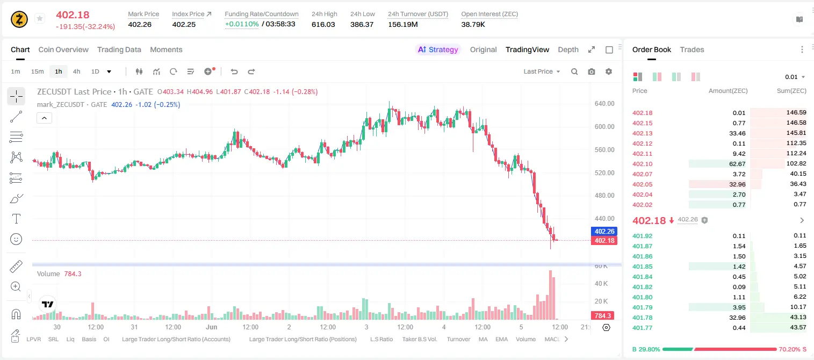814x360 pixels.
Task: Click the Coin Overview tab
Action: (x=63, y=49)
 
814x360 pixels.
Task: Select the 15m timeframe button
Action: (x=37, y=71)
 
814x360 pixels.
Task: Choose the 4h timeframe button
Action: (x=76, y=71)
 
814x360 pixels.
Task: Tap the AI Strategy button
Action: (x=438, y=49)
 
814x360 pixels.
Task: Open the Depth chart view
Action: (x=568, y=49)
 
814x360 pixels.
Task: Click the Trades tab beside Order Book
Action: (x=692, y=49)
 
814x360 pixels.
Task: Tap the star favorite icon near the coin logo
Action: (x=40, y=18)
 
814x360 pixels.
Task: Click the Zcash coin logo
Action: (x=19, y=19)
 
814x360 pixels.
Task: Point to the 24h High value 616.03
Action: (x=323, y=24)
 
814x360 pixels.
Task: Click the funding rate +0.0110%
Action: (x=242, y=24)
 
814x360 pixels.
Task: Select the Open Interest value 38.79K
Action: (x=473, y=24)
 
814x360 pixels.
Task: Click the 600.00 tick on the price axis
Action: (x=604, y=126)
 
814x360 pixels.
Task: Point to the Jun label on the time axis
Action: (x=211, y=327)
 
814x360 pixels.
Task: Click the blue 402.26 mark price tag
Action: (x=604, y=231)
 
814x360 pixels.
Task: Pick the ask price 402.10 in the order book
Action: (x=642, y=164)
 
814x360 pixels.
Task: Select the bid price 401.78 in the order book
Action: (x=642, y=318)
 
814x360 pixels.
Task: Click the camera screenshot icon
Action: (x=592, y=71)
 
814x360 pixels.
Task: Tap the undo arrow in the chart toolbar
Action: (x=234, y=71)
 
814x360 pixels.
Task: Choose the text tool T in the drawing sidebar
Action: (x=16, y=219)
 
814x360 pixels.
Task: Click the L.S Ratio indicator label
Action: (x=381, y=339)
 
